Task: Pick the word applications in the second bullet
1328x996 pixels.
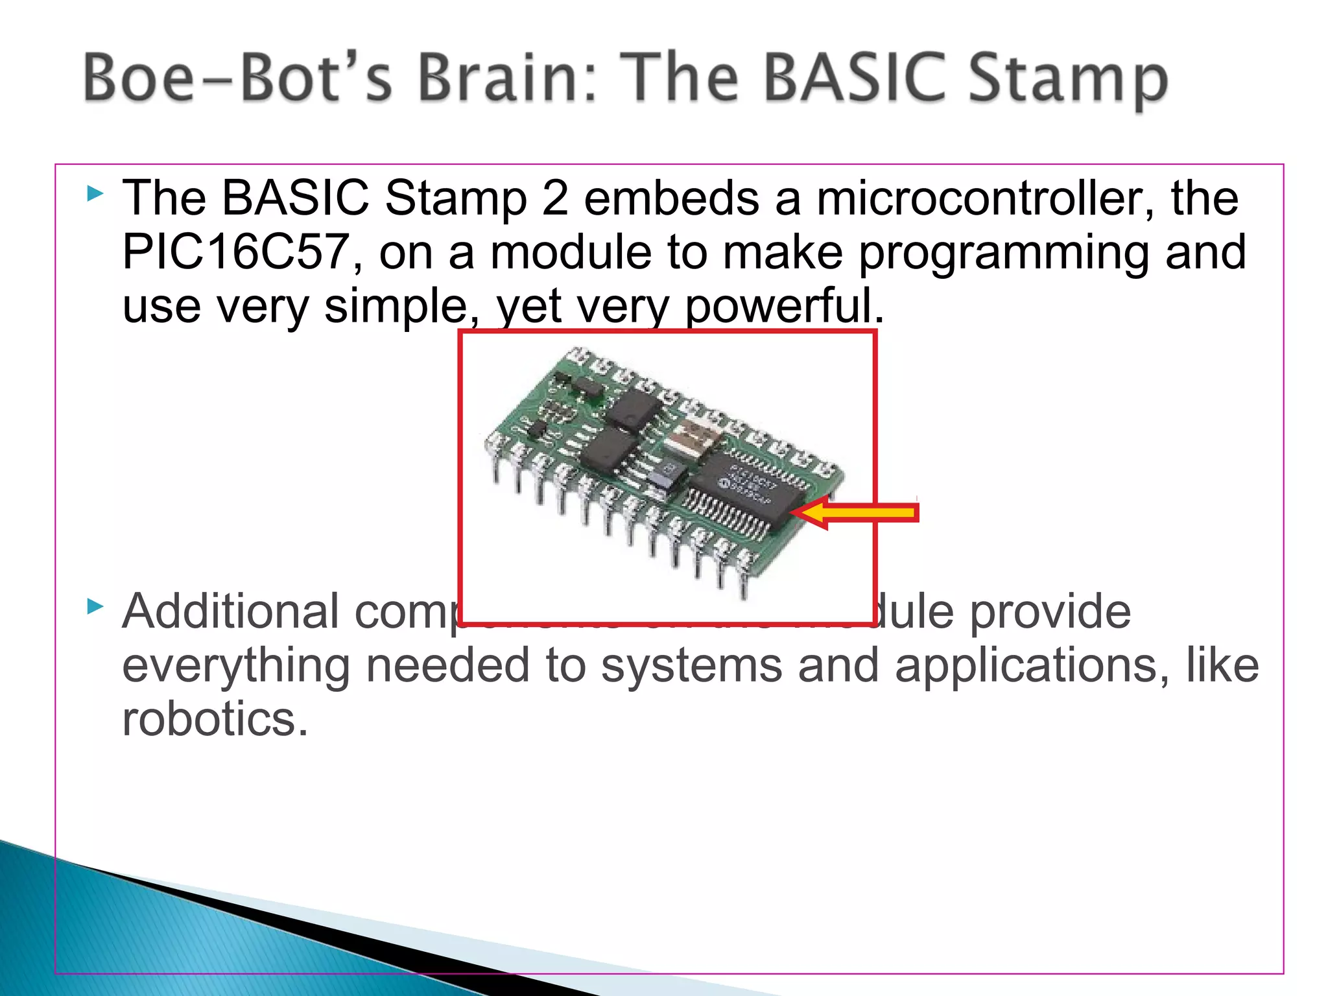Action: coord(1032,665)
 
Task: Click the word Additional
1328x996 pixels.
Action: coord(230,611)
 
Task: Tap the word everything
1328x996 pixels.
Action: coord(236,667)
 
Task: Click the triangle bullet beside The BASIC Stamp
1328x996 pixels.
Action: coord(95,193)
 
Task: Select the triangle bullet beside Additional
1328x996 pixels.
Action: coord(95,607)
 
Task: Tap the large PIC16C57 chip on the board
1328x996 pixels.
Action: coord(746,491)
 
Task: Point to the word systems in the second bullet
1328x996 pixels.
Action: coord(691,667)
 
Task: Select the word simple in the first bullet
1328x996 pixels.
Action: coord(395,306)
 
